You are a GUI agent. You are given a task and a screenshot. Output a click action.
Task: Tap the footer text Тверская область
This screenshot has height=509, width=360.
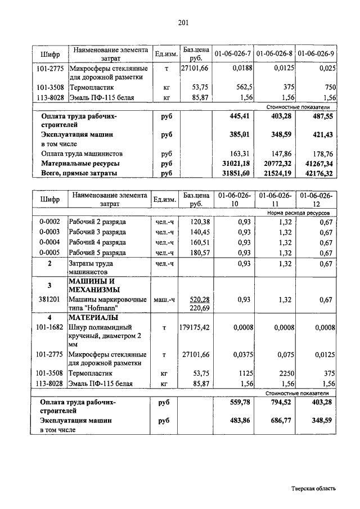coord(314,488)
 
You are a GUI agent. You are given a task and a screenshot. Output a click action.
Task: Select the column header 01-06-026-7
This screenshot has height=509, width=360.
coord(232,53)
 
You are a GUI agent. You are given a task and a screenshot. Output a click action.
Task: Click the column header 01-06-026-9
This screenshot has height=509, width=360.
coord(316,53)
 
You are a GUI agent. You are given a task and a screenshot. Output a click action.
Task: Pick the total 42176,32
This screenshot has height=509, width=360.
coord(317,173)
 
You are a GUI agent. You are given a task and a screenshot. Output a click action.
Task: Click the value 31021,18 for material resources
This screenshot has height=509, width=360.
coord(236,163)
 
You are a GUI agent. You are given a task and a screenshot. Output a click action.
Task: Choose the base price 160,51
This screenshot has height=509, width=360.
coord(199,242)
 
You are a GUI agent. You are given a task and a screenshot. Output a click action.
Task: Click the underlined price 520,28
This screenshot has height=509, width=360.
coord(199,300)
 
